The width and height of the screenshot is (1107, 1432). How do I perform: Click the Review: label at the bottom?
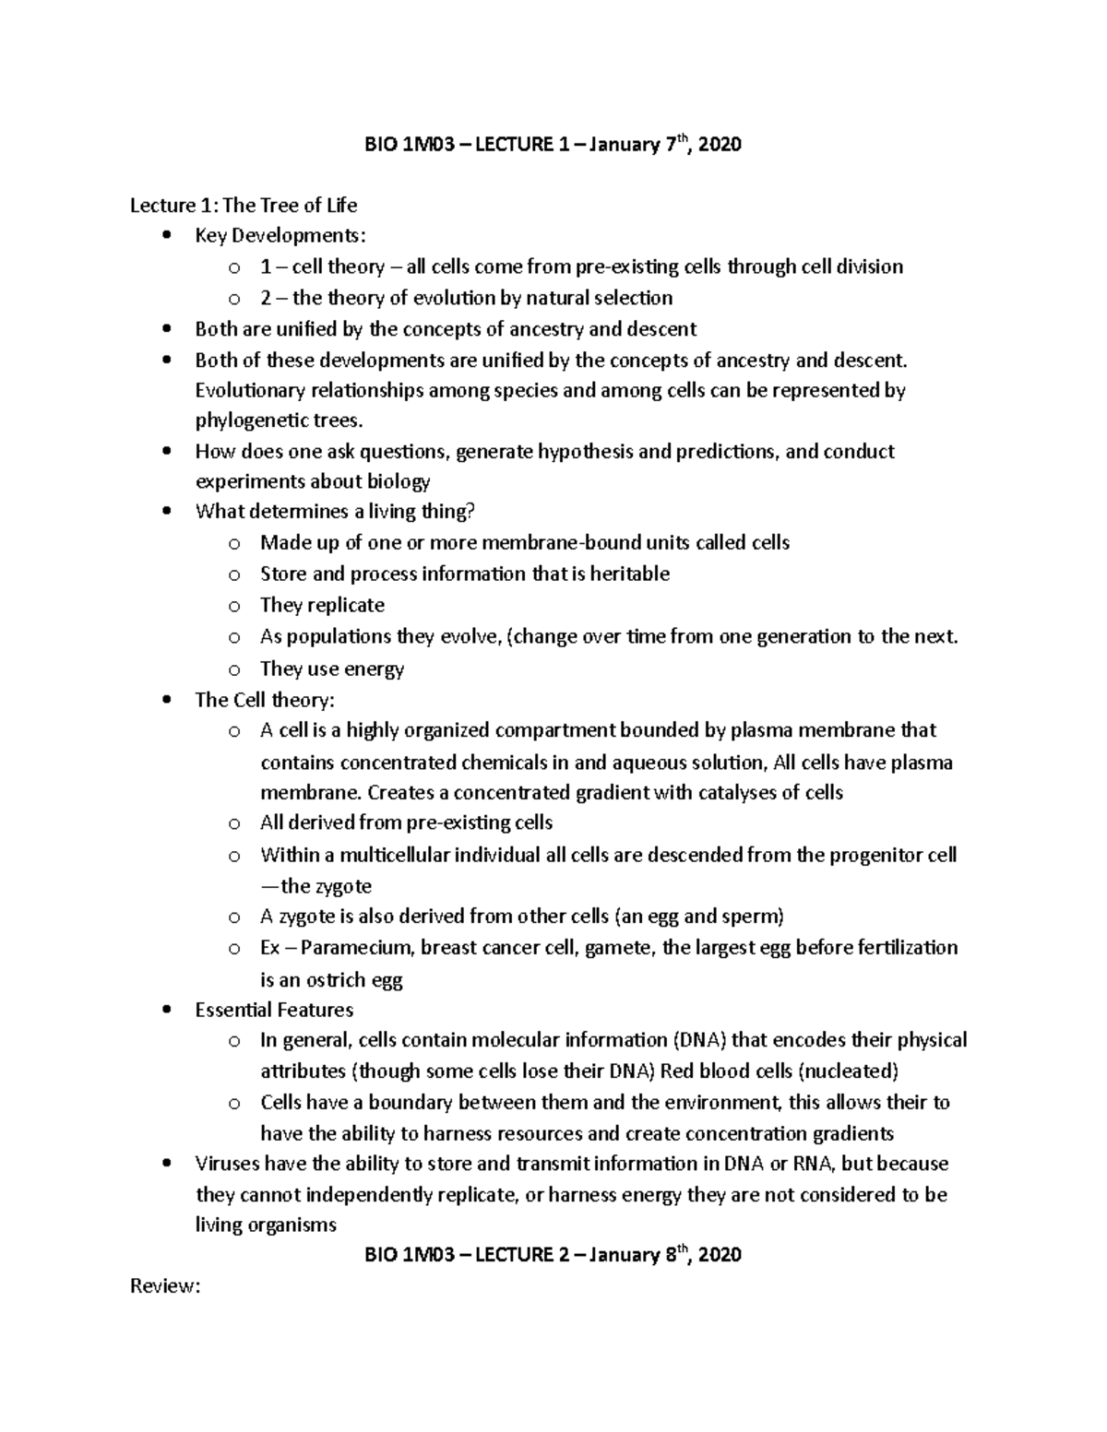165,1286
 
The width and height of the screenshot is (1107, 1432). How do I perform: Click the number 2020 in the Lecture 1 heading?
720,145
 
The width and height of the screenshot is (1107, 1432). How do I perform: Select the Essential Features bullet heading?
274,1010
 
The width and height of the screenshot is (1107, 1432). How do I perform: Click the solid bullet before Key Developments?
166,236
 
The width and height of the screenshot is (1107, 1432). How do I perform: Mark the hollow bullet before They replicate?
234,606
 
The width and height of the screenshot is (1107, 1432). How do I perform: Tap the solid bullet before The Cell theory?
166,700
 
